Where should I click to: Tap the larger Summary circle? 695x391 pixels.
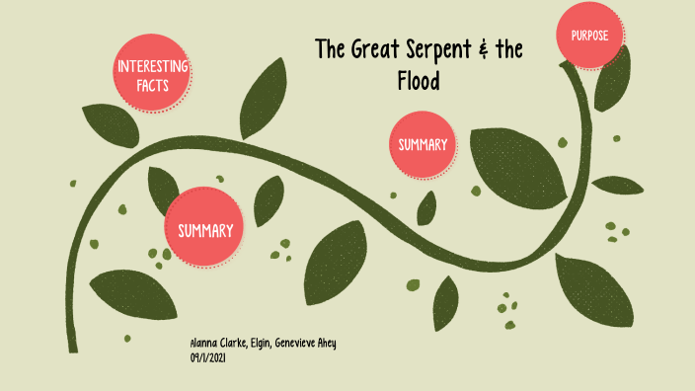point(205,230)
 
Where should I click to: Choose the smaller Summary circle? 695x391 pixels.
point(423,145)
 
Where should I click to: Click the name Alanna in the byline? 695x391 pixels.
point(205,343)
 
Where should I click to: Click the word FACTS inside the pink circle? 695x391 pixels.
point(152,86)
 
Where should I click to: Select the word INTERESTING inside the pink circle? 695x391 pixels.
point(152,67)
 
